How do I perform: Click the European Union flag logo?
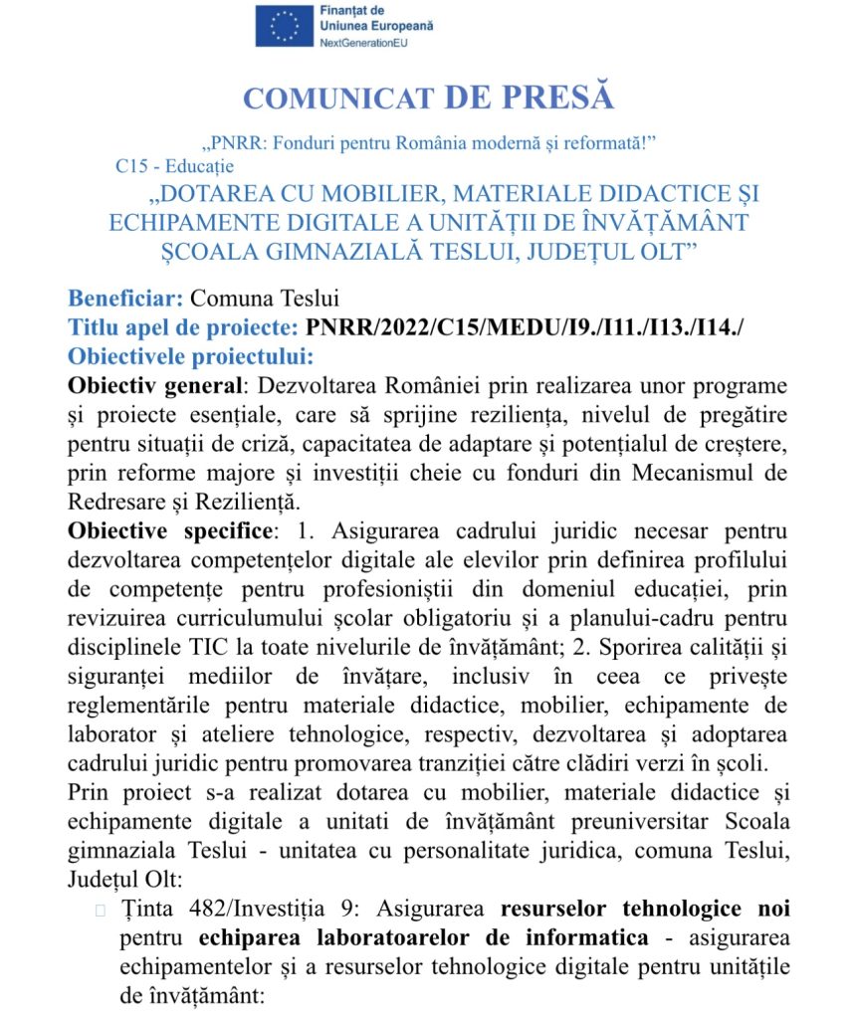283,26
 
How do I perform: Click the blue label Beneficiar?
124,298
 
